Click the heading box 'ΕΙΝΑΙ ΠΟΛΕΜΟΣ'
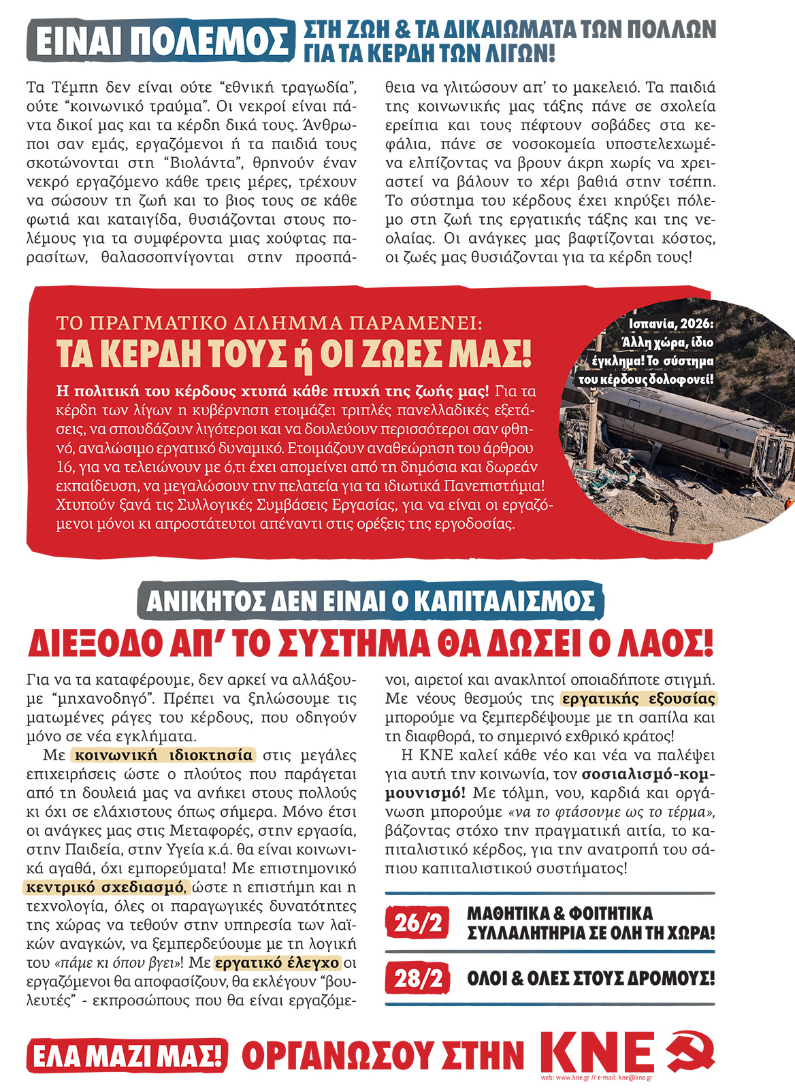pyautogui.click(x=162, y=41)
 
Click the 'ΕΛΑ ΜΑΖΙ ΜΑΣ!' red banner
pyautogui.click(x=127, y=1056)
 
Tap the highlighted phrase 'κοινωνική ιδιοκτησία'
pyautogui.click(x=163, y=755)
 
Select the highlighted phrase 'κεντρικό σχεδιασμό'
pyautogui.click(x=105, y=888)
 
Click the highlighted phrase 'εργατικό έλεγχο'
pyautogui.click(x=277, y=963)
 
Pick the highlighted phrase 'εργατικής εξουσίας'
pyautogui.click(x=638, y=699)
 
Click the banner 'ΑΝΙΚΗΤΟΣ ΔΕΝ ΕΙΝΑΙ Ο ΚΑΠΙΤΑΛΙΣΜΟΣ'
pyautogui.click(x=370, y=601)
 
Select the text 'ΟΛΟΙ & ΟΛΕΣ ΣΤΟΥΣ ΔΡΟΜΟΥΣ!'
pyautogui.click(x=590, y=979)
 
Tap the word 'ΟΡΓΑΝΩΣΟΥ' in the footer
pyautogui.click(x=383, y=1056)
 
